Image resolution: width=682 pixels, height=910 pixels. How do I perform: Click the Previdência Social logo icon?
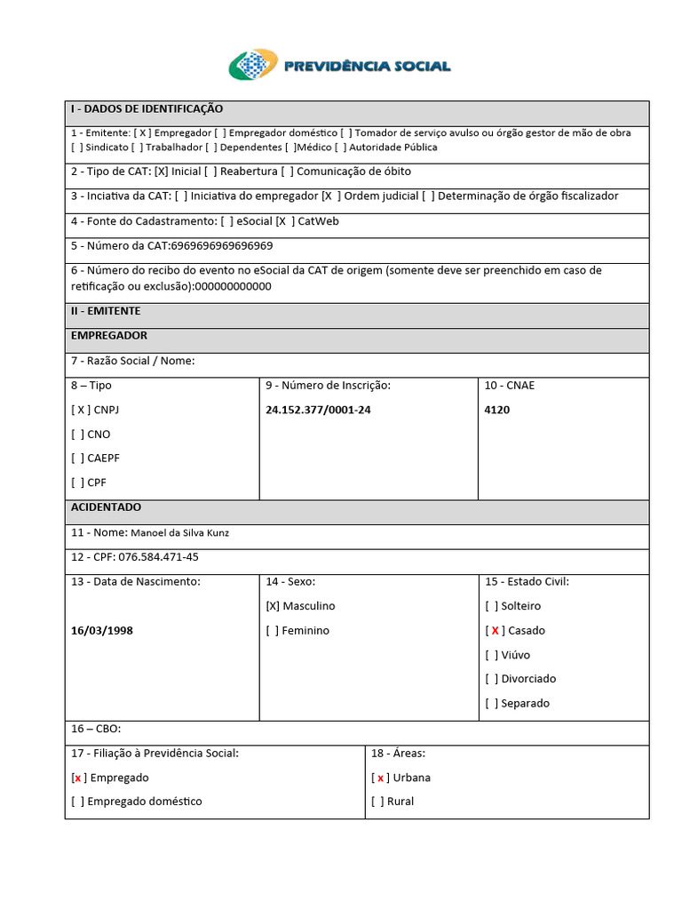(253, 65)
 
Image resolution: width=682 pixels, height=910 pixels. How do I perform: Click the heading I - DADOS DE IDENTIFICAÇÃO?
(147, 109)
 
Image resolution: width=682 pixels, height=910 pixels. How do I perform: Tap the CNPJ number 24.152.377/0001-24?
(318, 411)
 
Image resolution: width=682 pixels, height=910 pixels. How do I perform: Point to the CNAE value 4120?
(497, 411)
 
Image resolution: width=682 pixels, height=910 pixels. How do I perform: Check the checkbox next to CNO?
(78, 435)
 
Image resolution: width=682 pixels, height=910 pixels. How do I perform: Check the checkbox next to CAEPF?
(78, 459)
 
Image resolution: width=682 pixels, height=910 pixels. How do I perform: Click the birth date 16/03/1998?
(102, 630)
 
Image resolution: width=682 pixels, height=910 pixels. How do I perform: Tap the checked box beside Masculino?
(273, 606)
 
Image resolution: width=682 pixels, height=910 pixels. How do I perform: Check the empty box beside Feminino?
(273, 630)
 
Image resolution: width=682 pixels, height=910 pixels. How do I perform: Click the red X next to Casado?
(495, 630)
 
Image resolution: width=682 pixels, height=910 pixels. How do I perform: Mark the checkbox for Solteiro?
(492, 606)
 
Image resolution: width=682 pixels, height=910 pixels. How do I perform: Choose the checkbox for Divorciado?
(492, 679)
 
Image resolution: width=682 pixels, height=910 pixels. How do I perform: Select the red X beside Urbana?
(380, 778)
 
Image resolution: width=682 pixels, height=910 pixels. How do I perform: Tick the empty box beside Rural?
(378, 802)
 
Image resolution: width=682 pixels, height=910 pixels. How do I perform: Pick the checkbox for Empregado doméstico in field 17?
(78, 802)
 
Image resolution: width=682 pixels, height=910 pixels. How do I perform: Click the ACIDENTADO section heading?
(106, 507)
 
